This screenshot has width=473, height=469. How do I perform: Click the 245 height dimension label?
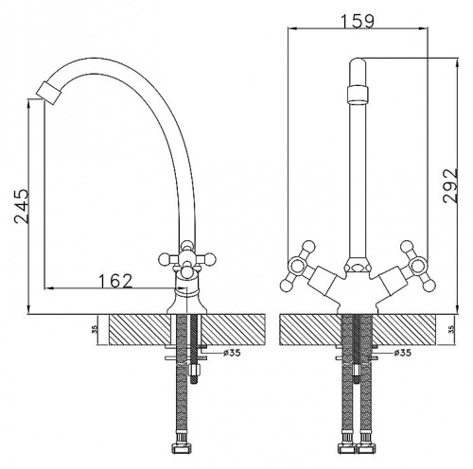click(22, 206)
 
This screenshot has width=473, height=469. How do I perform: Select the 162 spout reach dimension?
click(115, 281)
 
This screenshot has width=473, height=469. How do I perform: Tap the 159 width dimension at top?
click(358, 22)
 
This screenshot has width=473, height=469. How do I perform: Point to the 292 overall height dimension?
click(450, 186)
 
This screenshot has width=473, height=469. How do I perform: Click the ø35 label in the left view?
click(232, 353)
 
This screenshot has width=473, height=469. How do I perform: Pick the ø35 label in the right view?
click(403, 353)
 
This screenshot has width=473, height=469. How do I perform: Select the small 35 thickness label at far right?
click(453, 329)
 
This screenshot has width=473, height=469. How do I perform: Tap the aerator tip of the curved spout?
click(48, 92)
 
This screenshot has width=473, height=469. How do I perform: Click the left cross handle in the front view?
click(298, 266)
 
